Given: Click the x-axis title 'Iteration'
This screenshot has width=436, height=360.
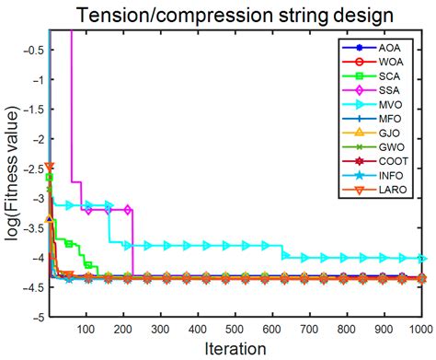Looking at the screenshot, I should pos(235,348).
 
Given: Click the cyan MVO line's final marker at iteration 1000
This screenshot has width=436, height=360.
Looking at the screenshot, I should pos(422,259).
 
